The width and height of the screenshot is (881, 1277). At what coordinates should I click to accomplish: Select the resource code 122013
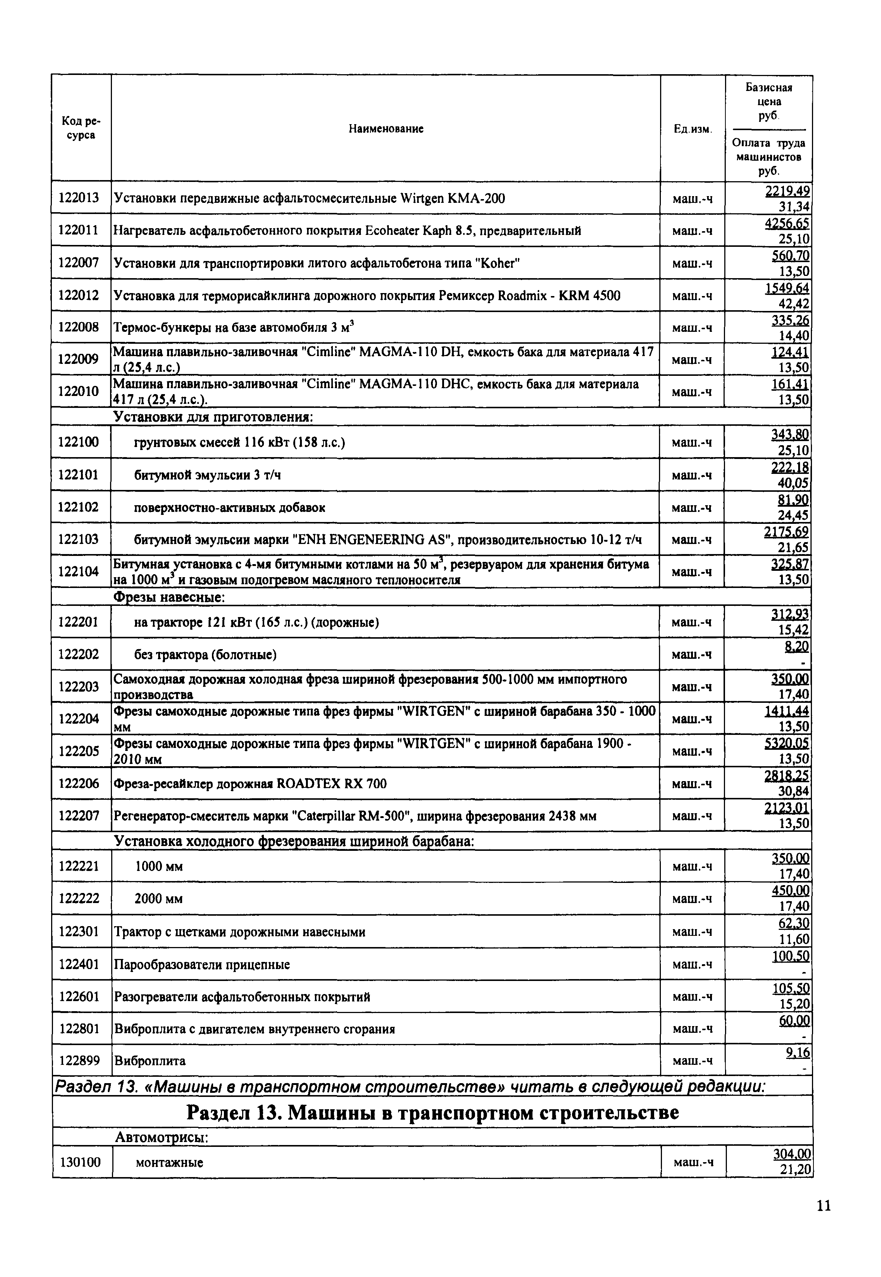[79, 198]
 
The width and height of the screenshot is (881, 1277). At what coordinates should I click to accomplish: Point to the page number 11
[823, 1206]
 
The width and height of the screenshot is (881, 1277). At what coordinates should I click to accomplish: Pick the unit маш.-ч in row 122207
[692, 816]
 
